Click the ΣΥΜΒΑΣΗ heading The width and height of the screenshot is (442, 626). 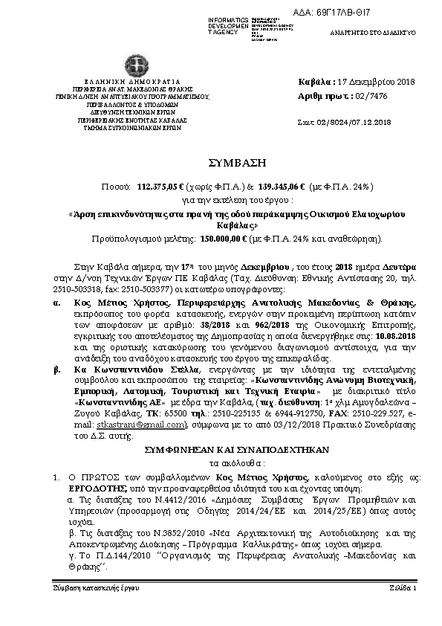[221, 162]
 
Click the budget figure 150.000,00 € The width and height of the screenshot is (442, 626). [221, 239]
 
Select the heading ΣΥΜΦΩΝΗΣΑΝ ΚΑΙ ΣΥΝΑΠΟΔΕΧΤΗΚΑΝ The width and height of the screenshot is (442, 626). [221, 451]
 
